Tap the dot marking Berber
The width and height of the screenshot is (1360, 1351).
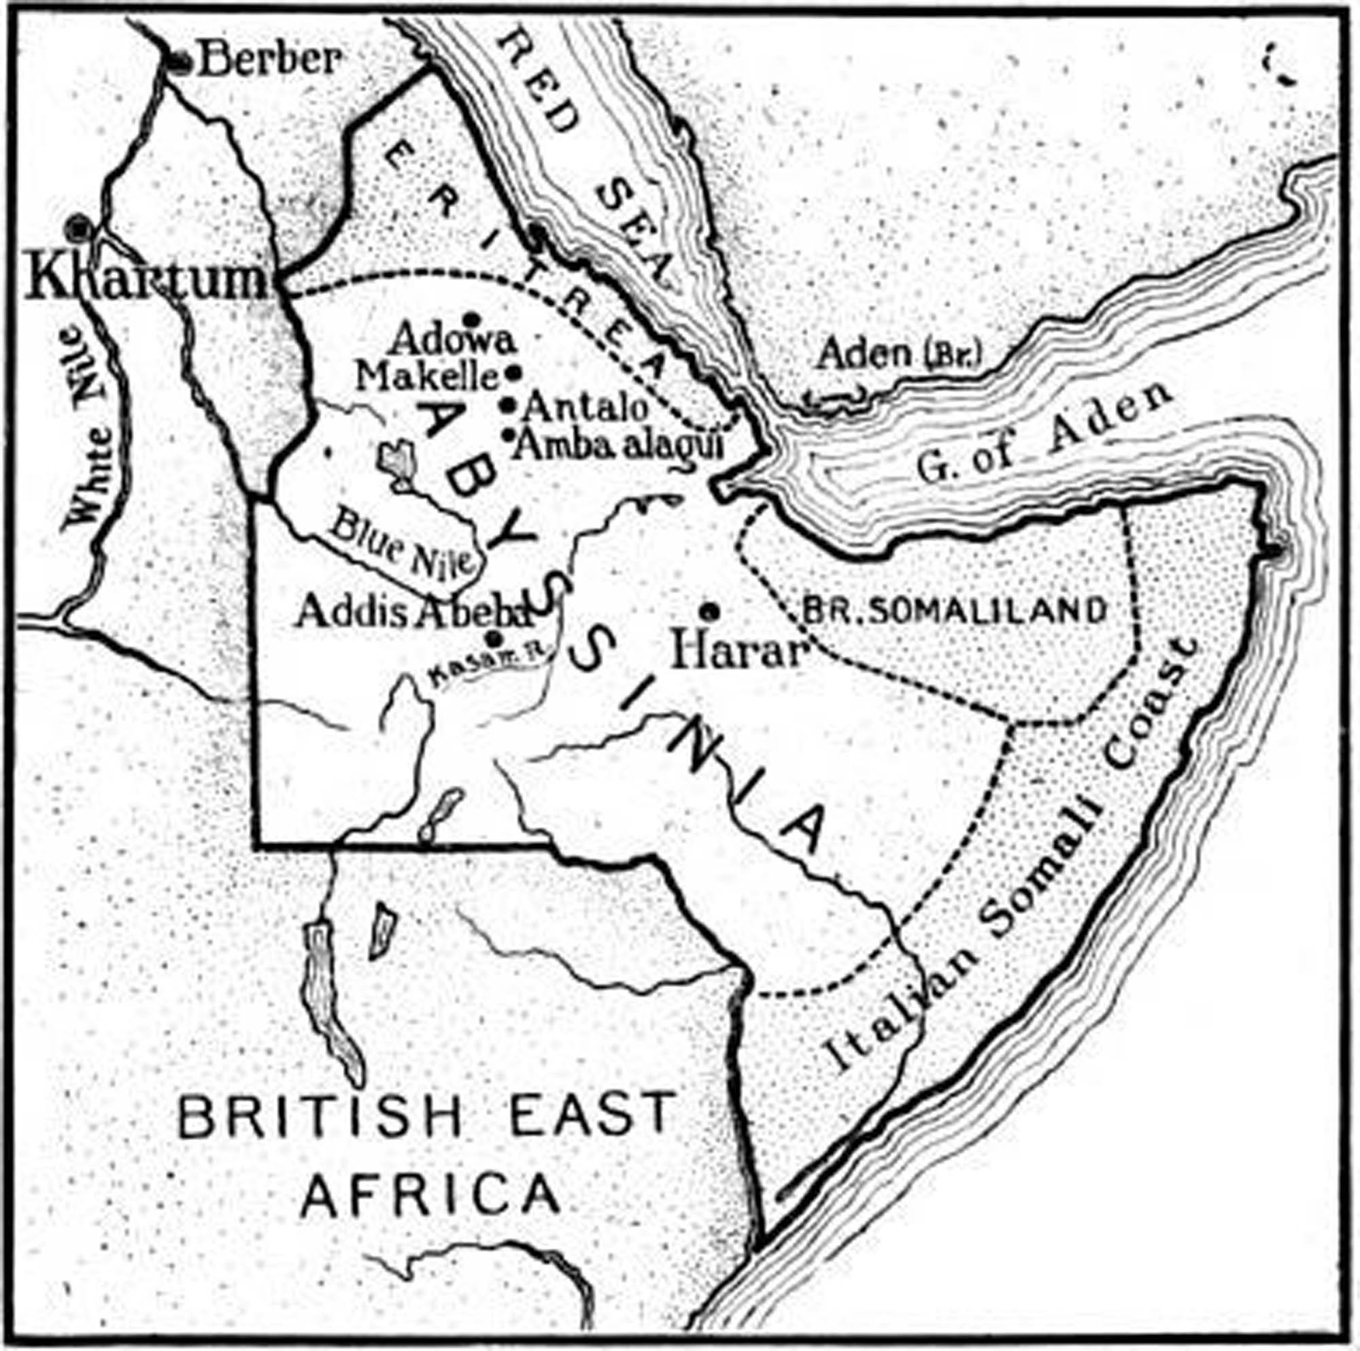point(181,62)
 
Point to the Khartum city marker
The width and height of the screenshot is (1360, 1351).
point(77,227)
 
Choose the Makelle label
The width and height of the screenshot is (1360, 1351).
point(427,377)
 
